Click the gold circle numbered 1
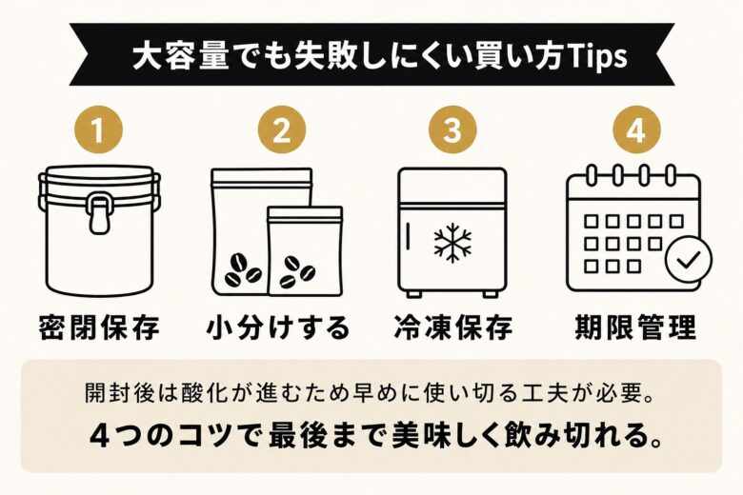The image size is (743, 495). (x=99, y=131)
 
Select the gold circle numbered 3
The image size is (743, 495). (x=452, y=131)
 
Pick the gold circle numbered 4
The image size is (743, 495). (x=634, y=131)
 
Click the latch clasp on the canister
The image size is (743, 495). (x=99, y=212)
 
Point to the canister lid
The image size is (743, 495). (x=99, y=178)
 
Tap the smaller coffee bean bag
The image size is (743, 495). (x=305, y=251)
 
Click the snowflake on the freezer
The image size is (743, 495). (x=452, y=243)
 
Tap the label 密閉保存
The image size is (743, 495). (x=99, y=327)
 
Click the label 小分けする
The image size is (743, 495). (x=277, y=327)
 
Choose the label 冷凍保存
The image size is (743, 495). (x=452, y=327)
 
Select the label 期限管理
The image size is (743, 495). (x=634, y=327)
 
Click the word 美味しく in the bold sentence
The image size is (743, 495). (x=452, y=435)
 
